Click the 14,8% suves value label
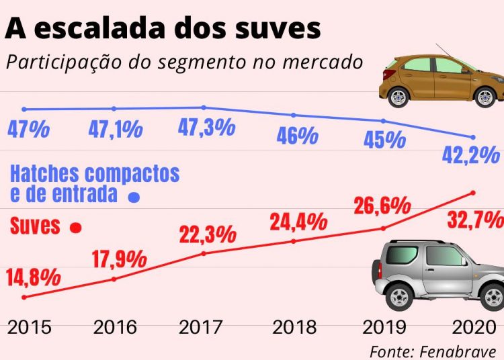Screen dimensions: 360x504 pyautogui.click(x=34, y=277)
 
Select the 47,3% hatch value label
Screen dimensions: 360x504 pyautogui.click(x=206, y=126)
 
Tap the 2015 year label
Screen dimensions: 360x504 pyautogui.click(x=30, y=328)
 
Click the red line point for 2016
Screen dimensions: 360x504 pyautogui.click(x=114, y=279)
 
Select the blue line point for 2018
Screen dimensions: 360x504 pyautogui.click(x=293, y=115)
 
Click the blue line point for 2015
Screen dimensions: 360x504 pyautogui.click(x=24, y=109)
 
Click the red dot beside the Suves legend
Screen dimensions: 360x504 pyautogui.click(x=76, y=228)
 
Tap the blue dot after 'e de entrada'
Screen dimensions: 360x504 pyautogui.click(x=134, y=197)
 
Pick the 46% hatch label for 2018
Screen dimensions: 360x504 pyautogui.click(x=296, y=136)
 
